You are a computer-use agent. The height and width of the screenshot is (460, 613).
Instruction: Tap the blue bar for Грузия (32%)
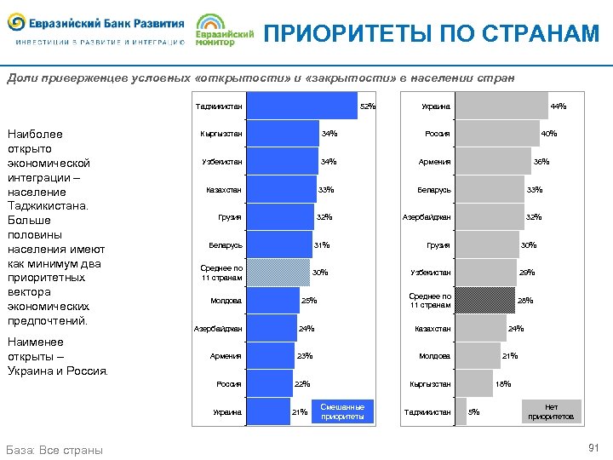279,217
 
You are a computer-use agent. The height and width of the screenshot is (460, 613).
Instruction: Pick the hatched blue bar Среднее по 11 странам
278,273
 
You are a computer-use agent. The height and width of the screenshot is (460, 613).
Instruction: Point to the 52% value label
368,106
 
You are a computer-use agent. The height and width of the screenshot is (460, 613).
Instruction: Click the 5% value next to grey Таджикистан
474,412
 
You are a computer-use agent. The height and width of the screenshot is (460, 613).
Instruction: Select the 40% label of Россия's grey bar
549,134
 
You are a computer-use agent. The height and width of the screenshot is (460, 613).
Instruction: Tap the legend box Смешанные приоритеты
342,411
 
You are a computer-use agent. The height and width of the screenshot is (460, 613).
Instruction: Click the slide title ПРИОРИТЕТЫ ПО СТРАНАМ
432,33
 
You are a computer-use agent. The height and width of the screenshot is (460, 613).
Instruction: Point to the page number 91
593,448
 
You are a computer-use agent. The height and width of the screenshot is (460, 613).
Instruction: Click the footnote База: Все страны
54,450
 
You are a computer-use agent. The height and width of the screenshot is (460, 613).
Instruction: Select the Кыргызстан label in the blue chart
221,134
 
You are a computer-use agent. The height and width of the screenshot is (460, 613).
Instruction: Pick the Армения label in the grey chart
435,162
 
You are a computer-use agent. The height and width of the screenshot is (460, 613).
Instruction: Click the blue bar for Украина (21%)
267,412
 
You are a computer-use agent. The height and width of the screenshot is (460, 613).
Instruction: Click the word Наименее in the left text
32,342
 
